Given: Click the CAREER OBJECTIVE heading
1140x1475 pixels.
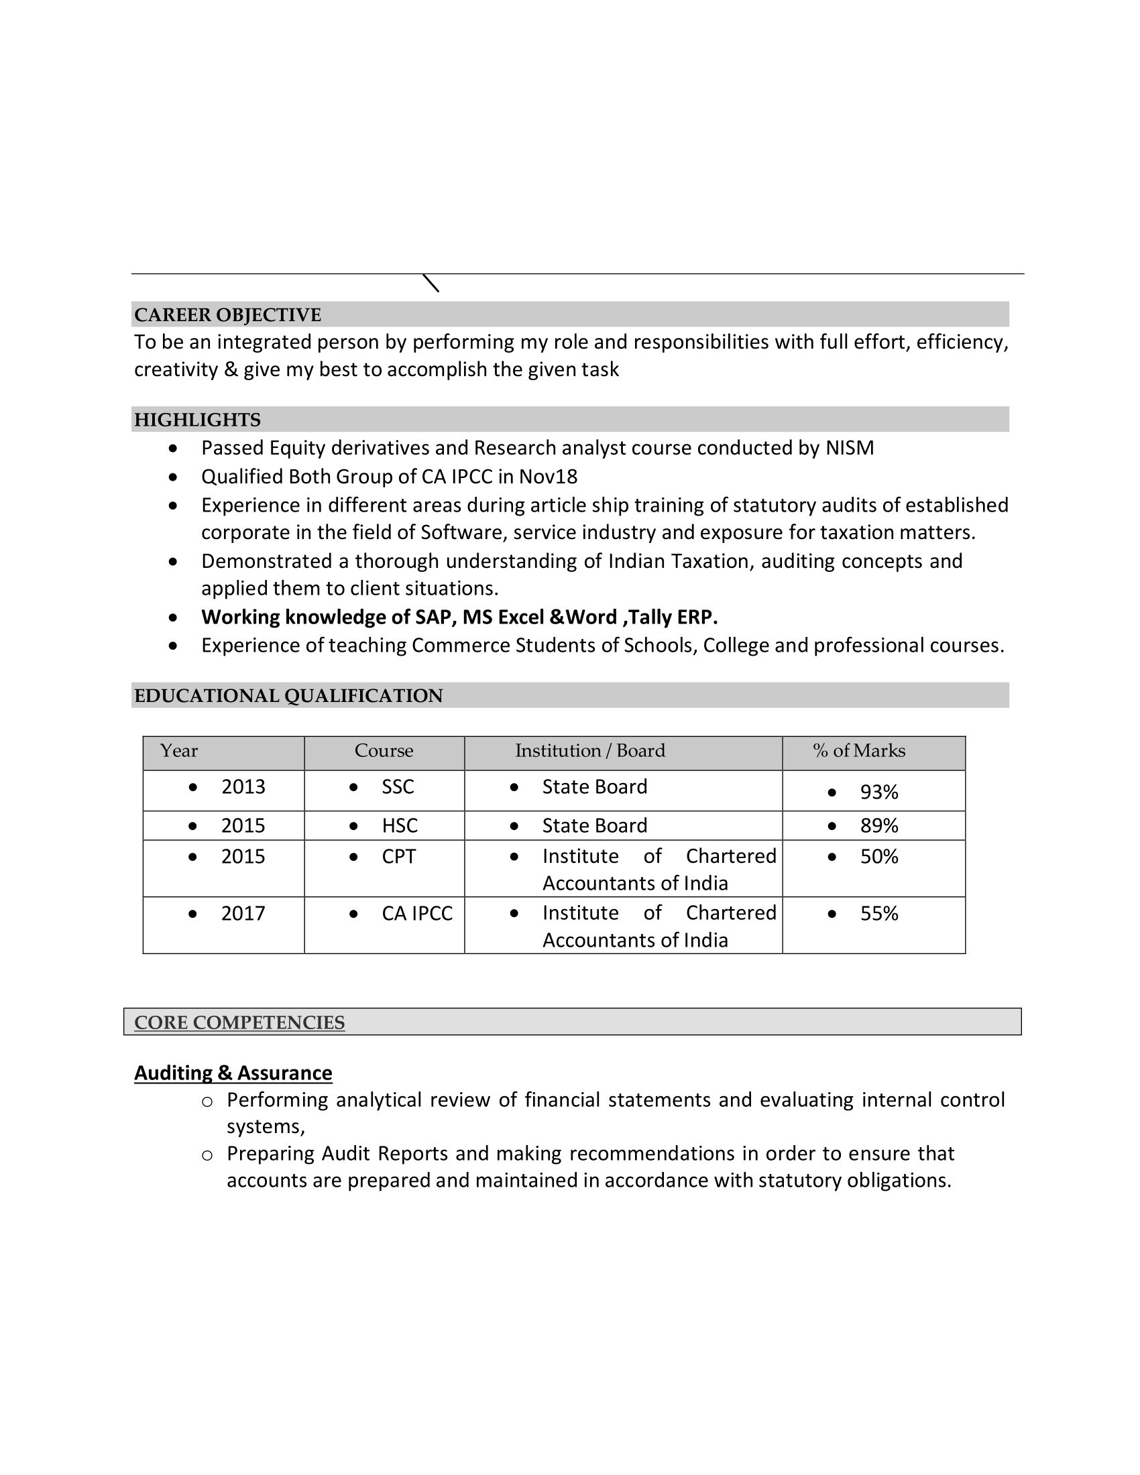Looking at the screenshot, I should [227, 314].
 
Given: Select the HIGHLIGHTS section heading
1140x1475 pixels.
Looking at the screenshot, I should [197, 420].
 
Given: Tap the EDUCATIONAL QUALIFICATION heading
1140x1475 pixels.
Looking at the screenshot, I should [288, 696].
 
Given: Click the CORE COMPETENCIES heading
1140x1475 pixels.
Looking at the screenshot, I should [239, 1022].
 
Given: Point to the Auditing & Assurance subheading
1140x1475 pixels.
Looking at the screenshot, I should [233, 1073].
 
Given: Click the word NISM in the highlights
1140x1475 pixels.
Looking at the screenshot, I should [850, 448].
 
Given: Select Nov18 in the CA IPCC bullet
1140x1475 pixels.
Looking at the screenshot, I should [548, 477].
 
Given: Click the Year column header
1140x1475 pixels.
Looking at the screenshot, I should [179, 751].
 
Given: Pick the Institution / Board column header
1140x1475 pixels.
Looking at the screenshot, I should [589, 751].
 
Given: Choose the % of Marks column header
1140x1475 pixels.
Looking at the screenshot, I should [858, 751].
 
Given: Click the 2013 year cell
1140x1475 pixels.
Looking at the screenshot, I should [243, 787].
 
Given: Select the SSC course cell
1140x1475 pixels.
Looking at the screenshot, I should [398, 787].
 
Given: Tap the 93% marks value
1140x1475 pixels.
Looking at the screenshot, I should [878, 792].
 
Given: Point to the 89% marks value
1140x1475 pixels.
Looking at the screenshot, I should [878, 826].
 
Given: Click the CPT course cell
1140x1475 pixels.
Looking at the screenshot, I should [398, 856].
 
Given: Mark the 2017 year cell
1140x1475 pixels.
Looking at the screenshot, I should [243, 913].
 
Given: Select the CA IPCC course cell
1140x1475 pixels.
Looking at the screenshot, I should [416, 913].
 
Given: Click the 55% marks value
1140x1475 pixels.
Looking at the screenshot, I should [878, 914].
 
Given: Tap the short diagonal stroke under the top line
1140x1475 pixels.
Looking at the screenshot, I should [431, 283].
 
